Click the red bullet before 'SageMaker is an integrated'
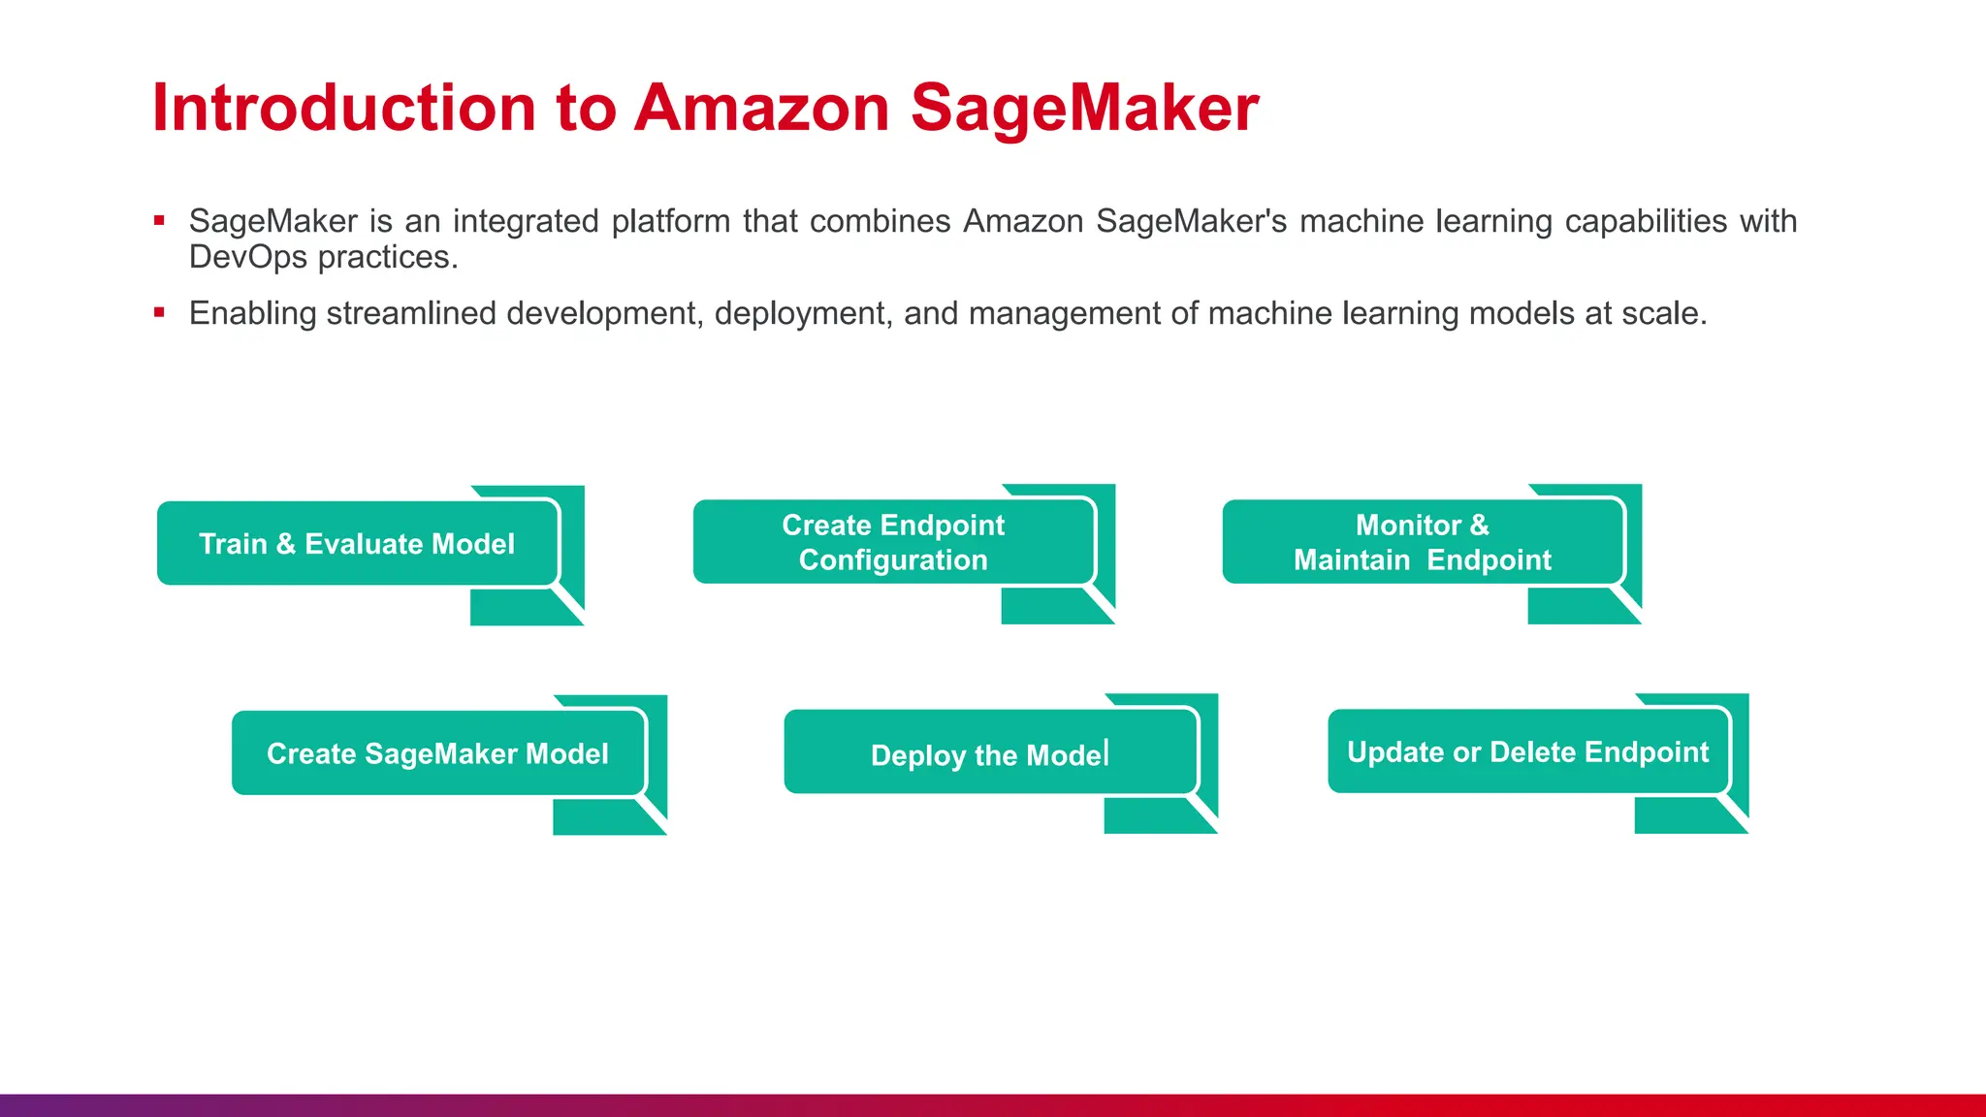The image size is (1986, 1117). (x=159, y=221)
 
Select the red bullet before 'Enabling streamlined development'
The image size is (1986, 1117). (x=159, y=312)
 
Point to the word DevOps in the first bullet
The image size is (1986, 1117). (x=247, y=257)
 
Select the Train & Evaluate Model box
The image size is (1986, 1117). (x=358, y=543)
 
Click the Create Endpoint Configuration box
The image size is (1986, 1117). (x=893, y=542)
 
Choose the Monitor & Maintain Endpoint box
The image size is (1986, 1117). (x=1422, y=542)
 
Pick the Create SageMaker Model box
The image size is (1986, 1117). (x=437, y=753)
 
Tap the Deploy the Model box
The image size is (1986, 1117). (x=989, y=753)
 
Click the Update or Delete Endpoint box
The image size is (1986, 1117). (x=1527, y=751)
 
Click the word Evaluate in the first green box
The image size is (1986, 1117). (x=364, y=544)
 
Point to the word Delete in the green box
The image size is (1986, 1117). (x=1533, y=752)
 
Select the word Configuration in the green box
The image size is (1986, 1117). (x=893, y=560)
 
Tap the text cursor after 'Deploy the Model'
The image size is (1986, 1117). (x=1107, y=752)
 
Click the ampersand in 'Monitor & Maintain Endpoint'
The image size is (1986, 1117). (x=1479, y=525)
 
